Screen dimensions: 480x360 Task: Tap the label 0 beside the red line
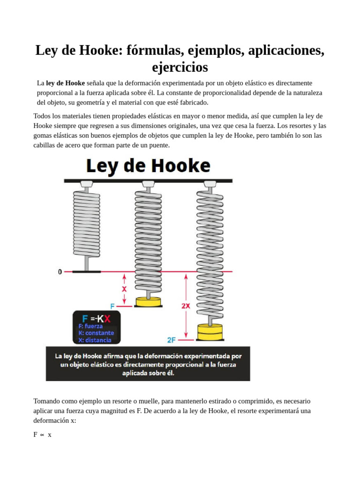pos(60,271)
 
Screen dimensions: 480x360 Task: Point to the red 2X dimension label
pos(186,306)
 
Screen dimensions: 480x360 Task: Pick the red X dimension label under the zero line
pos(124,289)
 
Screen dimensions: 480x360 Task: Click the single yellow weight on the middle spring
pos(148,301)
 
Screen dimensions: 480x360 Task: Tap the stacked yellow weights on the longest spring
pos(210,331)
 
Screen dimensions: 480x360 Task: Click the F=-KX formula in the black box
pos(96,319)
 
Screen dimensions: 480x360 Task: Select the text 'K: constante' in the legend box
pos(96,333)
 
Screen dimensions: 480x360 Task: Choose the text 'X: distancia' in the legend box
pos(95,340)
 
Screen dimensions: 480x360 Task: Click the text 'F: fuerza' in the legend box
pos(90,326)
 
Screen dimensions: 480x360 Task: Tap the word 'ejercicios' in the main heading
pos(180,67)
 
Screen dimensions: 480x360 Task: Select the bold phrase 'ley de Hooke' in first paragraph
pos(66,83)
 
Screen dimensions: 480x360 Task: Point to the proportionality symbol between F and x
pos(42,435)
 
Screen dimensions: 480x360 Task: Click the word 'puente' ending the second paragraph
pos(158,145)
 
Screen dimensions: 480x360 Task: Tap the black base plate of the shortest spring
pos(87,271)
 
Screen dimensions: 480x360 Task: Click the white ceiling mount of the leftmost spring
pos(87,184)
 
